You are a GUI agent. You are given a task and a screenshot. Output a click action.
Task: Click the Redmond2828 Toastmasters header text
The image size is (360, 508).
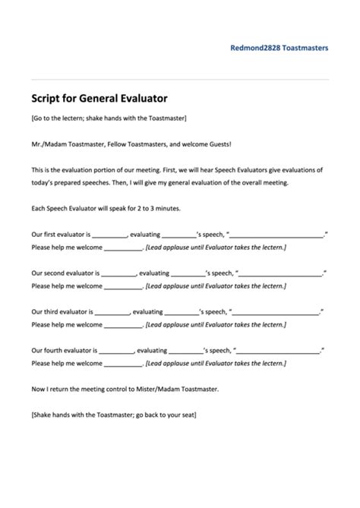coord(279,46)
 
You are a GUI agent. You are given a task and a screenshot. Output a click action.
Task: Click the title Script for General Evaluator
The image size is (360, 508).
coord(99,98)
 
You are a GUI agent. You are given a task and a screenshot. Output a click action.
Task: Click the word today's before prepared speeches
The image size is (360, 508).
coord(46,183)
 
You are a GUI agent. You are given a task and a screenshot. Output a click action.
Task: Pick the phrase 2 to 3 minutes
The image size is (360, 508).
coord(163,209)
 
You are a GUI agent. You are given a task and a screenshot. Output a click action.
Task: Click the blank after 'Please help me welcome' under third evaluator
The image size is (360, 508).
coord(123,324)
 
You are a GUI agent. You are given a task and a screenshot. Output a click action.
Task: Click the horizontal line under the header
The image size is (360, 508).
coord(180,79)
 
